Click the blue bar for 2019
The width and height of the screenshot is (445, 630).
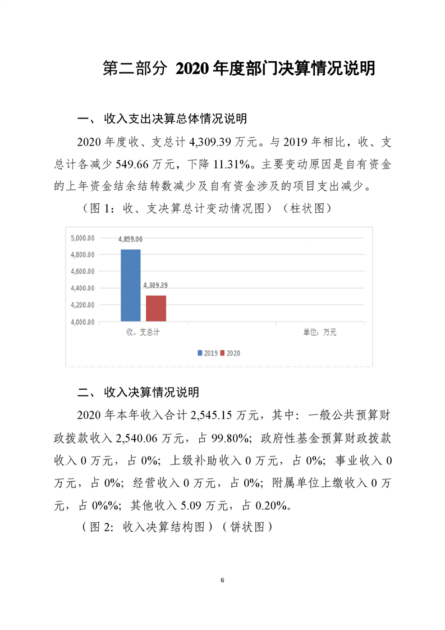tap(131, 285)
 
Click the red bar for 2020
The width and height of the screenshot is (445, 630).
tap(156, 308)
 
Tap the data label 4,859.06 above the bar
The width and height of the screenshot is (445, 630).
tap(130, 239)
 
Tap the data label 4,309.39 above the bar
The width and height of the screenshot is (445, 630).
tap(155, 285)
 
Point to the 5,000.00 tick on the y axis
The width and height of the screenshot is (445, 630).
tap(82, 238)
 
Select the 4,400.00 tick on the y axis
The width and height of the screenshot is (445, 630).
tap(82, 289)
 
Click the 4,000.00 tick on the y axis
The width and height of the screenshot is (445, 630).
tap(82, 322)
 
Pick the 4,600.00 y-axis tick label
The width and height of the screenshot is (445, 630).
tap(82, 272)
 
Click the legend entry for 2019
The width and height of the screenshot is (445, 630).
tap(208, 353)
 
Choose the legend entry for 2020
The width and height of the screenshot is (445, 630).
tap(230, 353)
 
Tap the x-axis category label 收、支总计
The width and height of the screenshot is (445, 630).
tap(143, 332)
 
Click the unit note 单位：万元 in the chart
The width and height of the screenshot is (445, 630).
tap(320, 332)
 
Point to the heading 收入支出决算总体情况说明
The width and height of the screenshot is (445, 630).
tap(175, 120)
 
